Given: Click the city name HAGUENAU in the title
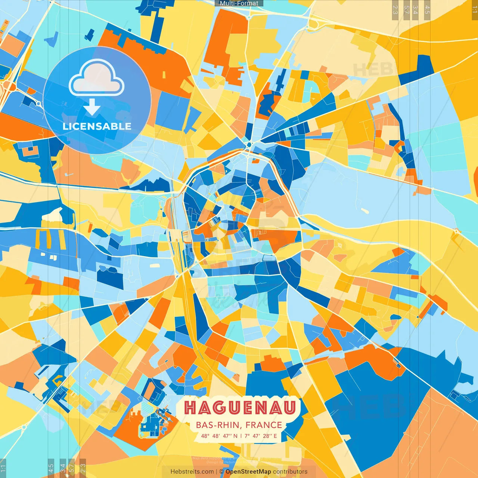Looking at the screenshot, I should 240,408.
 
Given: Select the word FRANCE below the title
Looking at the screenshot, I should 264,425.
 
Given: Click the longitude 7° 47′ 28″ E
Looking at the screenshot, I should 261,436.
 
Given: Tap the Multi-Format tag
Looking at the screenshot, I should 239,3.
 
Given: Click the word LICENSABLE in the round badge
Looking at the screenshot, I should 97,126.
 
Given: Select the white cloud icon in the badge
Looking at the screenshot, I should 97,78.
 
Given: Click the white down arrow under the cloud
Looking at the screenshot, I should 92,107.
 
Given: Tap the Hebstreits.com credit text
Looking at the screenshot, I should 192,472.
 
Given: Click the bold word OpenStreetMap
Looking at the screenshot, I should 248,472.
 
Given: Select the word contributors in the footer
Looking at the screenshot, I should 290,472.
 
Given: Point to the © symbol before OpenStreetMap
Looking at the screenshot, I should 221,472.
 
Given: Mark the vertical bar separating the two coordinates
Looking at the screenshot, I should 241,436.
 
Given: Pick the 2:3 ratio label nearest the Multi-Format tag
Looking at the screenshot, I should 395,10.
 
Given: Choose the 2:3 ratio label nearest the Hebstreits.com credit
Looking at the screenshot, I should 83,468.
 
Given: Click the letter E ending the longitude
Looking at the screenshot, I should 275,436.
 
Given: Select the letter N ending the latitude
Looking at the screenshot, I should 235,436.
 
